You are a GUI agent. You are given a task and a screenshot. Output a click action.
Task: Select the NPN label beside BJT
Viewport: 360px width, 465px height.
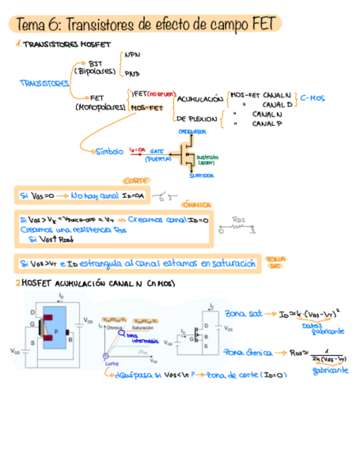point(132,55)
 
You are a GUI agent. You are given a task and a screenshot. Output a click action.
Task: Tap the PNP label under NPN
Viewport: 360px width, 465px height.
point(132,73)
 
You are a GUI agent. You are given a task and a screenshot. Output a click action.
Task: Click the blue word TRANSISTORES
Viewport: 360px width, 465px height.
point(44,83)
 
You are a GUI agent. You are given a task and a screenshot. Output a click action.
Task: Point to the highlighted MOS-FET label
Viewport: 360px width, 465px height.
point(148,108)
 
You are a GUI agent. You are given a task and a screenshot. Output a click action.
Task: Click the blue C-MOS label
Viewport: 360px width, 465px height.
point(313,98)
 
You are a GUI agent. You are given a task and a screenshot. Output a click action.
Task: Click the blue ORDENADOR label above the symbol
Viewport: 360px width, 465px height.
point(192,132)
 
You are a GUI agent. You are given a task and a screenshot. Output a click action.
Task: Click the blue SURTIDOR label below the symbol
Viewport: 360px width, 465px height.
point(201,175)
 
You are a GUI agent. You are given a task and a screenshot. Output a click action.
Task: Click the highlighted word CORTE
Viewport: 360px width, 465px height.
point(136,180)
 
